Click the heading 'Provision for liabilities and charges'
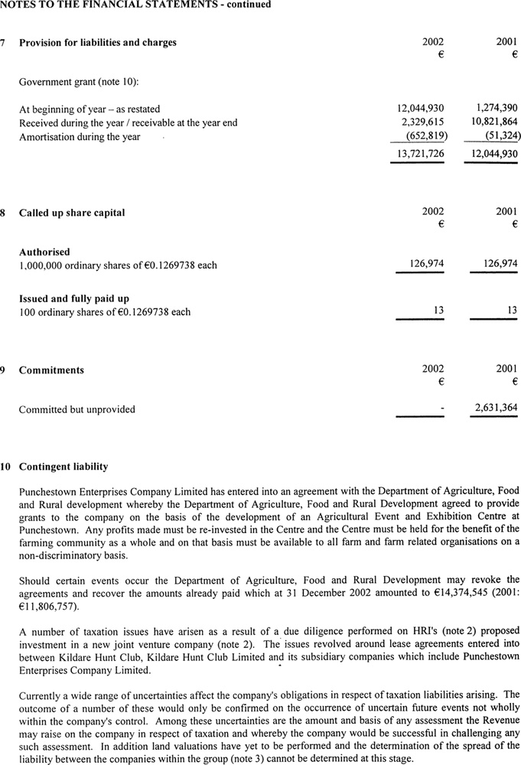click(97, 43)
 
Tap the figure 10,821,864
click(490, 122)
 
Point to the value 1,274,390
click(491, 109)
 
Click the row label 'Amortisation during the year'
click(80, 137)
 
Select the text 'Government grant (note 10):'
click(77, 81)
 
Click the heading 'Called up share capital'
click(72, 213)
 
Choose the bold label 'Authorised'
click(44, 252)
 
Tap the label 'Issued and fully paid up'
click(74, 298)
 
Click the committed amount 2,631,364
click(491, 409)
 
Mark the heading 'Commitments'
click(51, 370)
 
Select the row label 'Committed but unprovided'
click(77, 409)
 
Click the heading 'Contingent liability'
click(63, 467)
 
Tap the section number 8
click(5, 213)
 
